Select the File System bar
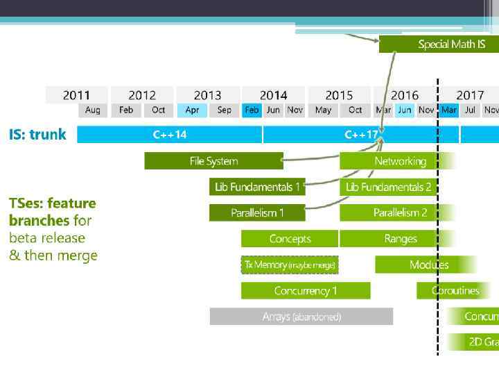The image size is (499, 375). point(213,161)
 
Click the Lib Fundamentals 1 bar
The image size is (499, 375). point(257,187)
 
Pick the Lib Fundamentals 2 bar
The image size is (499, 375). point(388,187)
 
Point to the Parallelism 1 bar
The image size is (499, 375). point(257,212)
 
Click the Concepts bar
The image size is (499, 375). point(290,239)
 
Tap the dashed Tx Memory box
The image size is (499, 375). point(290,265)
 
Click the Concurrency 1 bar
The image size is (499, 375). point(305,290)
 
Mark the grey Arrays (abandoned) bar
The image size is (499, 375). point(301,317)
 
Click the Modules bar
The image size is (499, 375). point(427,265)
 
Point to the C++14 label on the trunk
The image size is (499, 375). point(170,135)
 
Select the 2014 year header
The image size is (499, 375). point(273,95)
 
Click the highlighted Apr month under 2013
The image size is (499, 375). point(192,110)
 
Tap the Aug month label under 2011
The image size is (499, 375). point(92,110)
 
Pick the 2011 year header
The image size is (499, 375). point(76,95)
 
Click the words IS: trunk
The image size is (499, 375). point(37,135)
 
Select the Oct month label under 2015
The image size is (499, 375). point(355,110)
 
